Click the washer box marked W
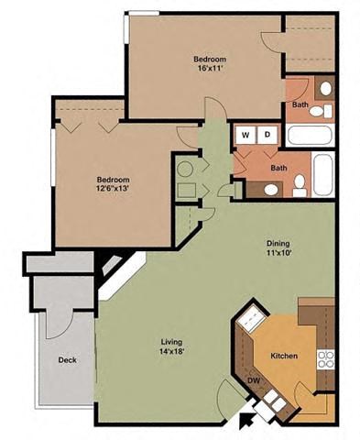(x=245, y=135)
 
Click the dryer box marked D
(x=267, y=135)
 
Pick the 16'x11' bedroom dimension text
(x=209, y=68)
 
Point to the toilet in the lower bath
(x=271, y=190)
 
